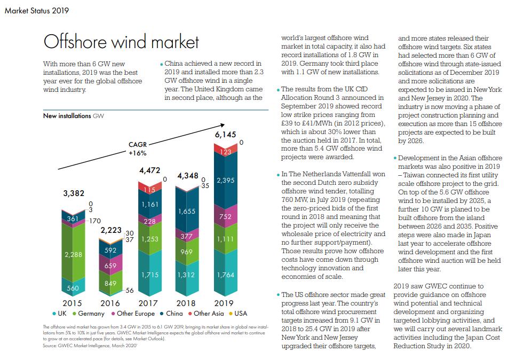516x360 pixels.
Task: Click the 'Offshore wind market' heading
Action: pyautogui.click(x=121, y=42)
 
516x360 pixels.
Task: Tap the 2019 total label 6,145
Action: pyautogui.click(x=225, y=135)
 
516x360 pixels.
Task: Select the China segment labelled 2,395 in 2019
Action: pyautogui.click(x=225, y=181)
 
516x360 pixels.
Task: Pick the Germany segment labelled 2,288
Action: pyautogui.click(x=73, y=255)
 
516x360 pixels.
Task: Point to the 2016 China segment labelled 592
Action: pyautogui.click(x=110, y=250)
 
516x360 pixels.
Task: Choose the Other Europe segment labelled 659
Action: pyautogui.click(x=110, y=265)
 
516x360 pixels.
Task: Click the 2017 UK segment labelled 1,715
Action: pyautogui.click(x=149, y=275)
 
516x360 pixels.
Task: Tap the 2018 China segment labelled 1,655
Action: pyautogui.click(x=186, y=212)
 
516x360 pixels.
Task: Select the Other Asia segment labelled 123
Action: pyautogui.click(x=225, y=152)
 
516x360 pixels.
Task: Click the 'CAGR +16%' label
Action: pyautogui.click(x=138, y=148)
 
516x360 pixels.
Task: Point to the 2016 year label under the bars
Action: pyautogui.click(x=110, y=303)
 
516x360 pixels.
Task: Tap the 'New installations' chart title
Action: pyautogui.click(x=66, y=115)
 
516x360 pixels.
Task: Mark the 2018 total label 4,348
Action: pyautogui.click(x=187, y=176)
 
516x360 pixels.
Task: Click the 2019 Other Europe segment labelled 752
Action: pyautogui.click(x=225, y=217)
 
